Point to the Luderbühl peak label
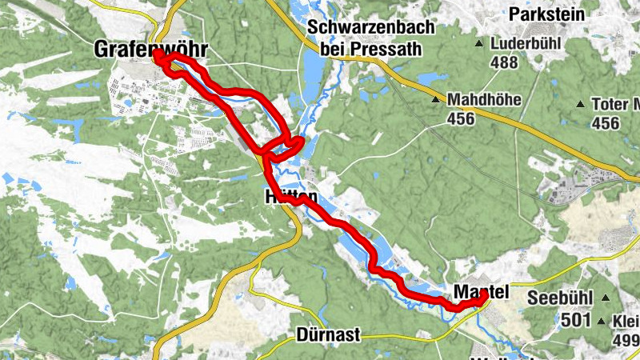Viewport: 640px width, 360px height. click(x=526, y=42)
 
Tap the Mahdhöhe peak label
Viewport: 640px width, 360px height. click(x=484, y=100)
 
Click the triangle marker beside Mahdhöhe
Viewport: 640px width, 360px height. click(x=436, y=100)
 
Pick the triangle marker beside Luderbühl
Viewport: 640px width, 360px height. click(x=479, y=43)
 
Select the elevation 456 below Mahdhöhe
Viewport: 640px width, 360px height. click(x=462, y=119)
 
